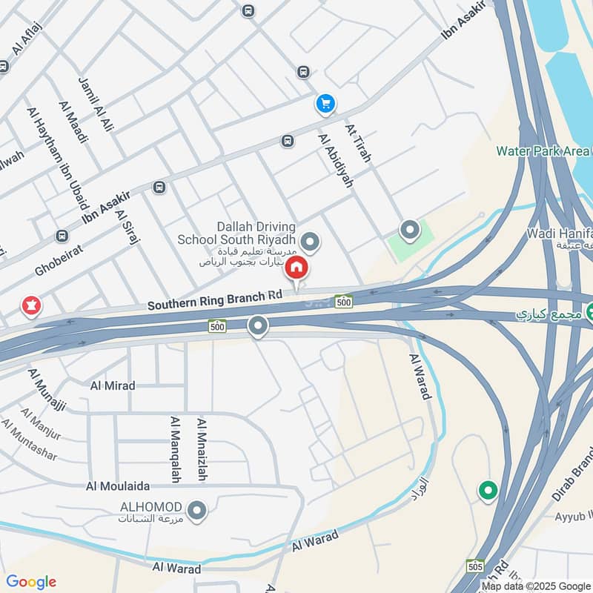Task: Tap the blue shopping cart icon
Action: (x=325, y=104)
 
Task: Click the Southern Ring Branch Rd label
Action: (x=215, y=300)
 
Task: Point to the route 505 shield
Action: (x=476, y=566)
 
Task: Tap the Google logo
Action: (x=31, y=582)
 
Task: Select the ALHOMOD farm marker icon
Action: (x=197, y=510)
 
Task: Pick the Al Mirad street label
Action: (x=112, y=385)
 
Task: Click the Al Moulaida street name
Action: (x=118, y=486)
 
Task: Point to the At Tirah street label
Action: (x=358, y=143)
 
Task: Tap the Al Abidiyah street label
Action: (x=335, y=160)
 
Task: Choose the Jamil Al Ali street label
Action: (x=96, y=104)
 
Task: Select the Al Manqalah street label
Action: (x=176, y=449)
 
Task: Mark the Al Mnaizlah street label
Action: (x=201, y=449)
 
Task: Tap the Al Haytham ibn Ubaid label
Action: (x=58, y=157)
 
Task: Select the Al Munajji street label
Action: (x=48, y=386)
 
